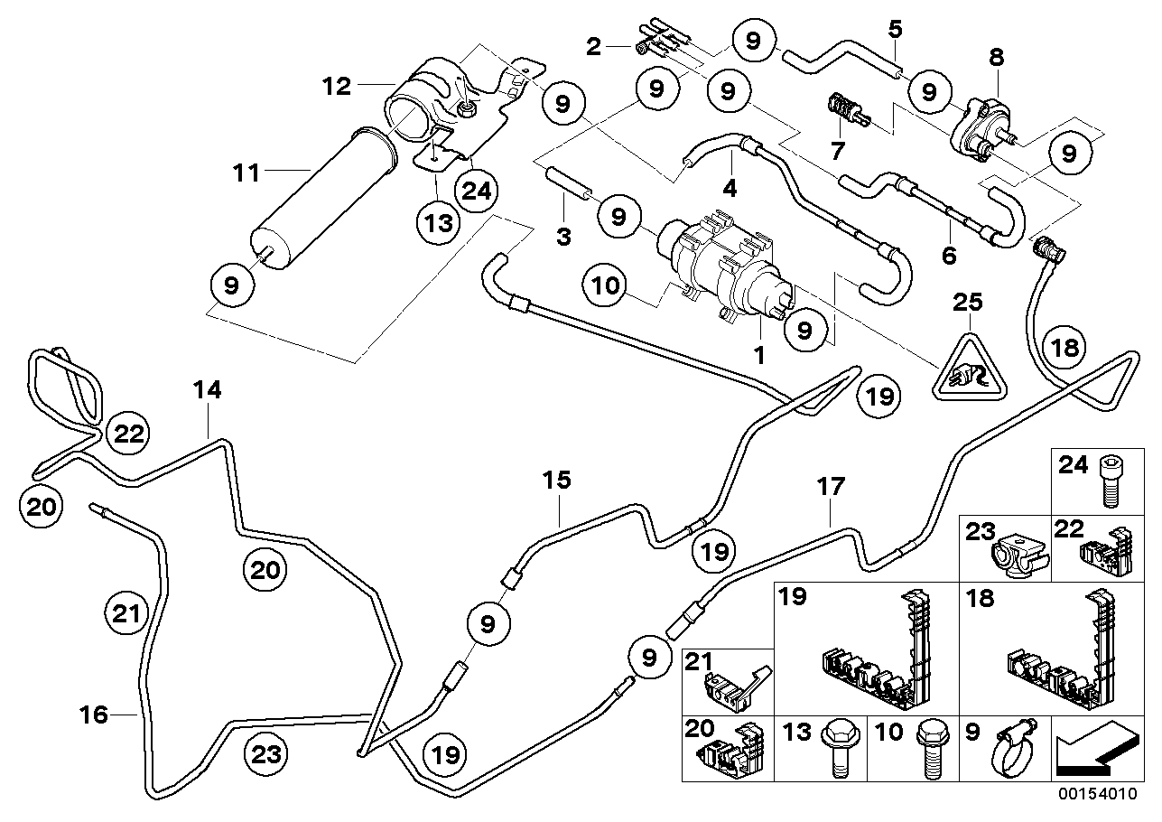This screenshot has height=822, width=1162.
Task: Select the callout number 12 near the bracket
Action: [x=339, y=87]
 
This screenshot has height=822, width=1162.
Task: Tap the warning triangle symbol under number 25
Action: [x=968, y=370]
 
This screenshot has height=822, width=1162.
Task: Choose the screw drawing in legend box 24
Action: [x=1110, y=483]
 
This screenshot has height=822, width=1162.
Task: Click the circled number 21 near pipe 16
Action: [x=127, y=615]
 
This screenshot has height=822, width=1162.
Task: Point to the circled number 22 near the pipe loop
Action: [x=128, y=434]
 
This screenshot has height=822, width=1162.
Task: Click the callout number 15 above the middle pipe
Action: [x=557, y=480]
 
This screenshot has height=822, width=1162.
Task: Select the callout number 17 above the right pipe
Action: [x=831, y=488]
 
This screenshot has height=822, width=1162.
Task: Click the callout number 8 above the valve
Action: [x=996, y=57]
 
